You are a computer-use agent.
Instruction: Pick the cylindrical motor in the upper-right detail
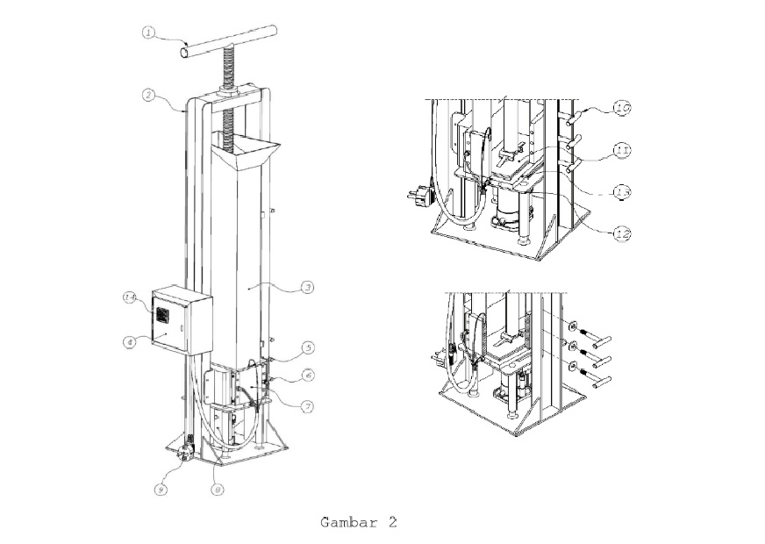508,214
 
